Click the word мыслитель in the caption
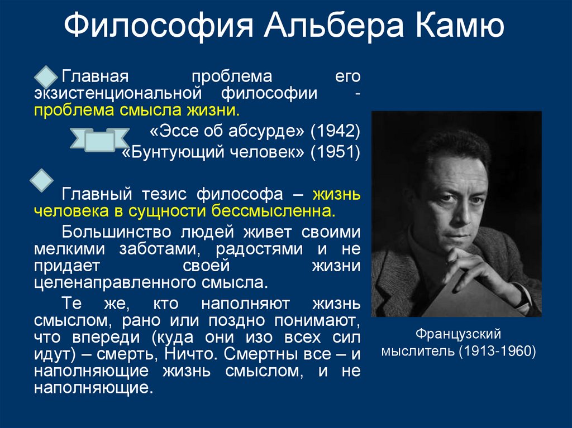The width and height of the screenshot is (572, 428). coord(416,352)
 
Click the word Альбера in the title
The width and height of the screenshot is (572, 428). coord(323,26)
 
